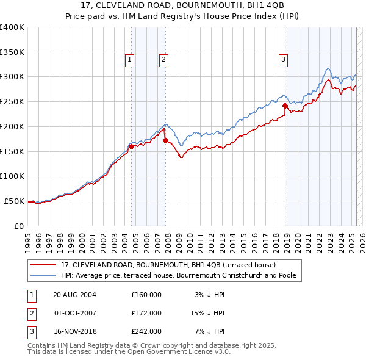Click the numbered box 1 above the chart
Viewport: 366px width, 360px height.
click(131, 59)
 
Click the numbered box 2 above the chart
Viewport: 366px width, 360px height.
click(164, 59)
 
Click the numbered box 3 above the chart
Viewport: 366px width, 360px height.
click(284, 59)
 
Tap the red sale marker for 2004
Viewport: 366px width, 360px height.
click(131, 146)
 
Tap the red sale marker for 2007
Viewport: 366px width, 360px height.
click(165, 140)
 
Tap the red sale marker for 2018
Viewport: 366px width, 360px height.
click(285, 106)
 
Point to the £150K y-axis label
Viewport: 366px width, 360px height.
click(12, 151)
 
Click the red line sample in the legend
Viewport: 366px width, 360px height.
click(43, 265)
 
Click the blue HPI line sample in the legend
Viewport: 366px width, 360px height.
click(43, 275)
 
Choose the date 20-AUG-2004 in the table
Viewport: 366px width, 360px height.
click(75, 294)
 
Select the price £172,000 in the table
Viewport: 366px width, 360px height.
click(146, 313)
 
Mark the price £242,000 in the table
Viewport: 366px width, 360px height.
click(146, 332)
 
